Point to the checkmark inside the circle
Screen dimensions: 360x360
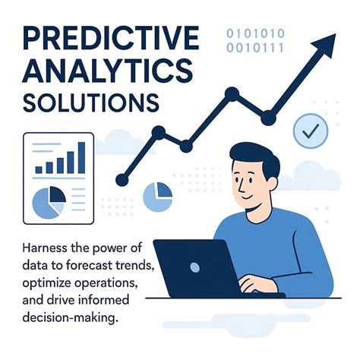pos(310,131)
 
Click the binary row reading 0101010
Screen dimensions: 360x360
pos(257,33)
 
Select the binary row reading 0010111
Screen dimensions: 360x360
pos(257,49)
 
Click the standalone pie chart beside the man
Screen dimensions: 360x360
pos(156,197)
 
